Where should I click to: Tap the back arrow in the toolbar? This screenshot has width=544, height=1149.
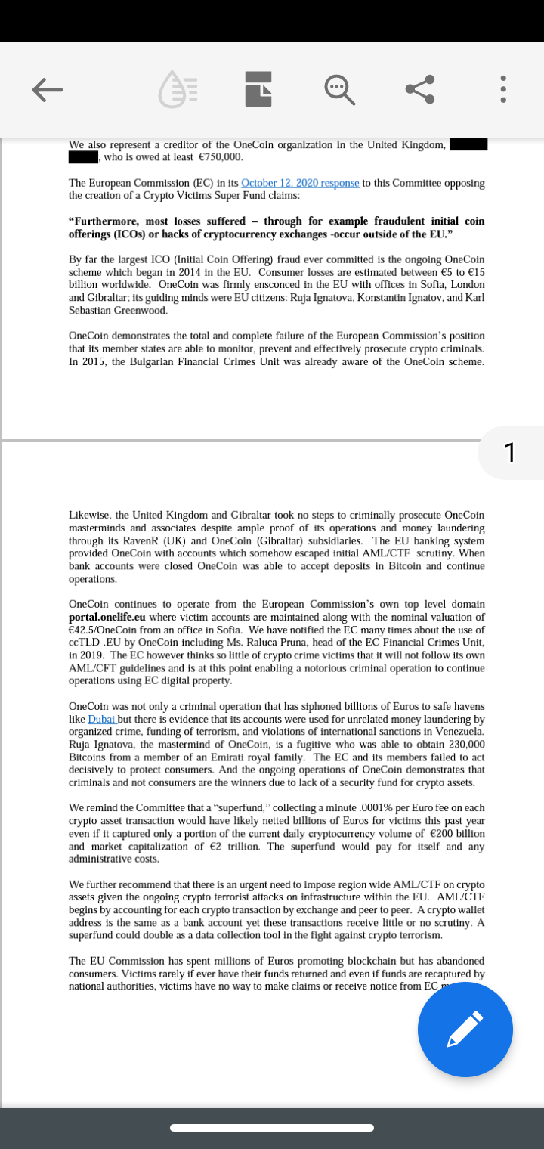(47, 90)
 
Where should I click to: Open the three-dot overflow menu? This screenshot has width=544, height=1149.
(504, 90)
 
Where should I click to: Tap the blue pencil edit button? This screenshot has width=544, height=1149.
(465, 1030)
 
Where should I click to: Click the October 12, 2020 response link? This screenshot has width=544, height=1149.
(300, 183)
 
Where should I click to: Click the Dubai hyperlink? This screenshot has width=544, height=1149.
(102, 719)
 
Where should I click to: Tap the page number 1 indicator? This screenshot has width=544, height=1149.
(510, 452)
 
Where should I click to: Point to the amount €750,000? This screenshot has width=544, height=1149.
(220, 157)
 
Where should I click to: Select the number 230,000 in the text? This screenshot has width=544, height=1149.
(467, 745)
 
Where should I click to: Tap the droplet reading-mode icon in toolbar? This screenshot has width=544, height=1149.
(178, 90)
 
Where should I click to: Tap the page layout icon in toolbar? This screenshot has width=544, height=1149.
(258, 90)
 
